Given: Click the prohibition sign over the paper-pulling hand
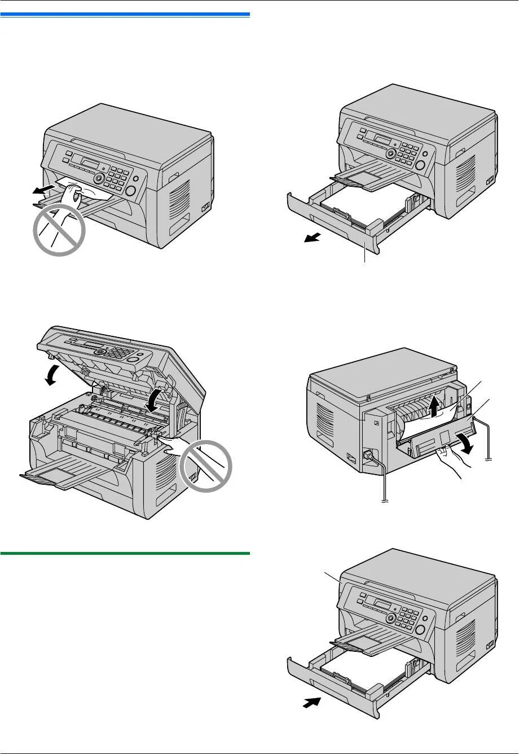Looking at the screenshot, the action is [60, 229].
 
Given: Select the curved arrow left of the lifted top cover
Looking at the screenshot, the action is [53, 374].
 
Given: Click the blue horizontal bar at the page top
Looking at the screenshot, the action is [125, 14].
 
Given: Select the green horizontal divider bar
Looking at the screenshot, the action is [125, 553].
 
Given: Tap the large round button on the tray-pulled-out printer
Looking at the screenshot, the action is [420, 164].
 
